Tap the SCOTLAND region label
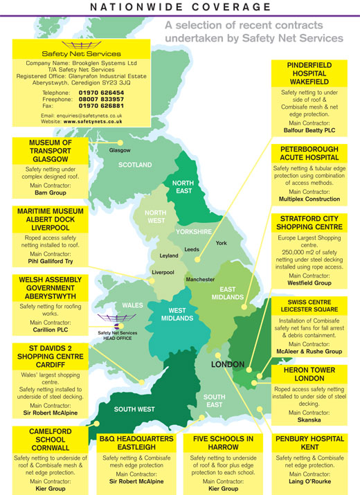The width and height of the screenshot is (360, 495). (x=136, y=165)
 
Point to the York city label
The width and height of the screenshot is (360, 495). (x=221, y=243)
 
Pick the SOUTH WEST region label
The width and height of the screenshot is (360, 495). (x=134, y=409)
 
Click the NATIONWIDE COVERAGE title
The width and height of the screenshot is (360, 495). (x=180, y=8)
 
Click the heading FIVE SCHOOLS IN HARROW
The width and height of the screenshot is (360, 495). (x=222, y=443)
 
